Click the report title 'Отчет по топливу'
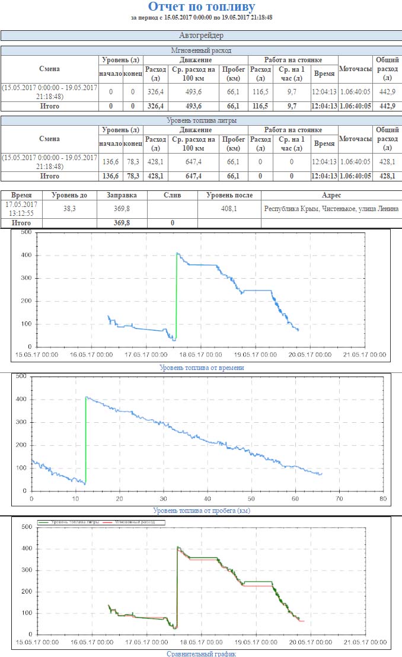point(201,7)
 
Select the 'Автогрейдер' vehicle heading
point(201,36)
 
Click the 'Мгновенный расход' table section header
point(201,50)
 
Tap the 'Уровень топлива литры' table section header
point(201,120)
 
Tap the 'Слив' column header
point(172,195)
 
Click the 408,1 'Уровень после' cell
point(229,208)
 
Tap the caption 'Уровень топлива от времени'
point(202,368)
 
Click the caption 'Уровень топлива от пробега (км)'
point(202,510)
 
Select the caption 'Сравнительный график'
point(202,653)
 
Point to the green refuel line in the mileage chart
point(86,439)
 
